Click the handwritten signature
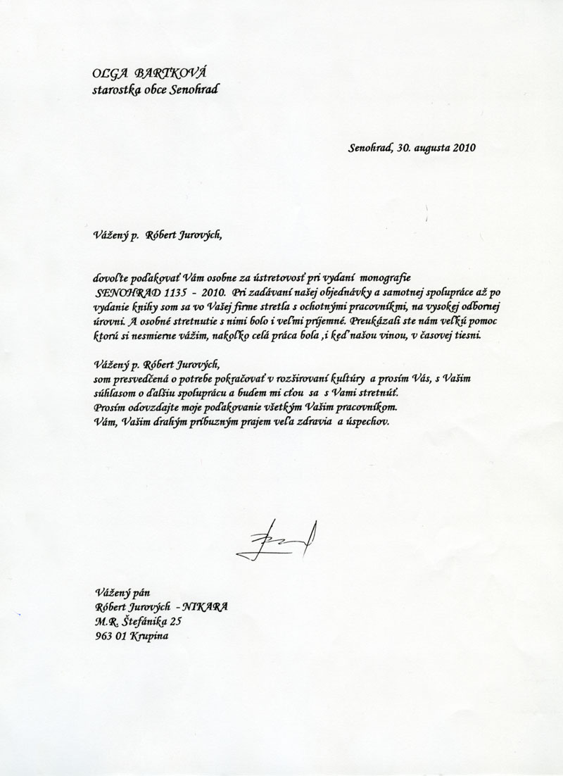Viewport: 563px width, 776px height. pyautogui.click(x=277, y=542)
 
